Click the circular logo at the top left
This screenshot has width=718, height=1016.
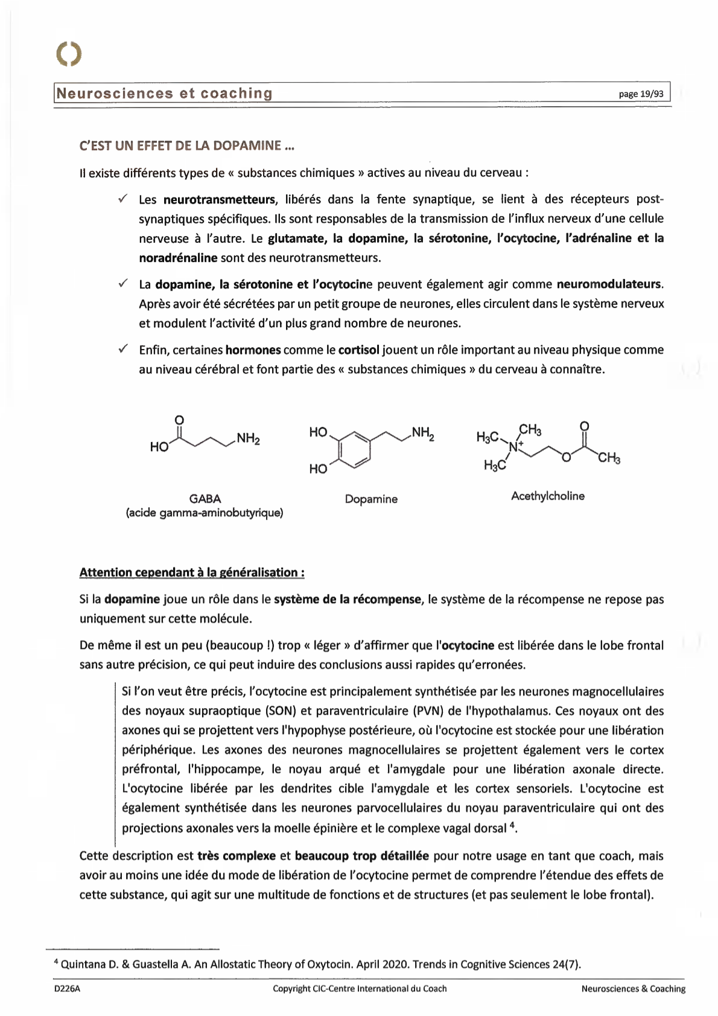pos(68,54)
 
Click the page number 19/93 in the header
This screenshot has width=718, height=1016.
pos(641,94)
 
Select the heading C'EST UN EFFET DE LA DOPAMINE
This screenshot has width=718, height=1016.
pos(187,145)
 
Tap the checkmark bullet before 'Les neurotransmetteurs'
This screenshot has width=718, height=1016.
pos(122,199)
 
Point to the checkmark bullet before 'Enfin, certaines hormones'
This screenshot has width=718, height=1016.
pos(122,349)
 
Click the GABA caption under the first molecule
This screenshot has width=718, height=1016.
pos(205,499)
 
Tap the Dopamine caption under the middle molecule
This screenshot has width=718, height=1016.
pos(371,499)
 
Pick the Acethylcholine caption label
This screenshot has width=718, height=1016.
pos(547,496)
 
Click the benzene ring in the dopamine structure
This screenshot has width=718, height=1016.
pos(354,449)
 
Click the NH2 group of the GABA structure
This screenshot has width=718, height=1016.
pos(248,438)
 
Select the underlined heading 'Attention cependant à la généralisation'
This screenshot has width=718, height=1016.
pos(191,572)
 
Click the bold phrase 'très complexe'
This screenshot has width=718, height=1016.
pos(236,856)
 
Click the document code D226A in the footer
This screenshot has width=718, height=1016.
pos(67,989)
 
